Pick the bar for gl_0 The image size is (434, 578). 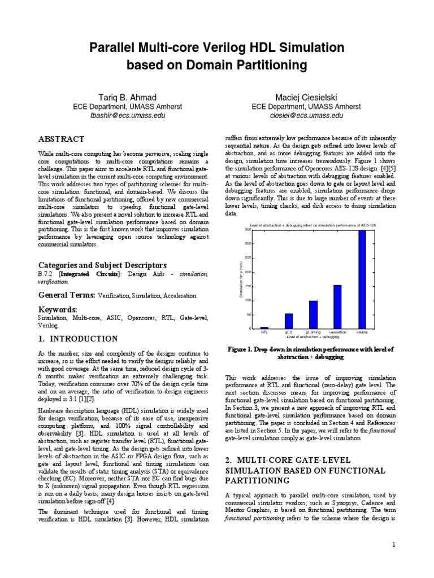click(289, 321)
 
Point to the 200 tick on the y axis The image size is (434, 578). click(248, 272)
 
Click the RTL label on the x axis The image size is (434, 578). click(264, 333)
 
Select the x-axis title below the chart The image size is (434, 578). click(313, 338)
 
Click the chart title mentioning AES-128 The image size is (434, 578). click(313, 225)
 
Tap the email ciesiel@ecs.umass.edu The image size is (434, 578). click(306, 115)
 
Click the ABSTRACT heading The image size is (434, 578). click(61, 139)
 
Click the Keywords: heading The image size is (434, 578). click(58, 309)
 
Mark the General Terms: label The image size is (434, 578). click(67, 295)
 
